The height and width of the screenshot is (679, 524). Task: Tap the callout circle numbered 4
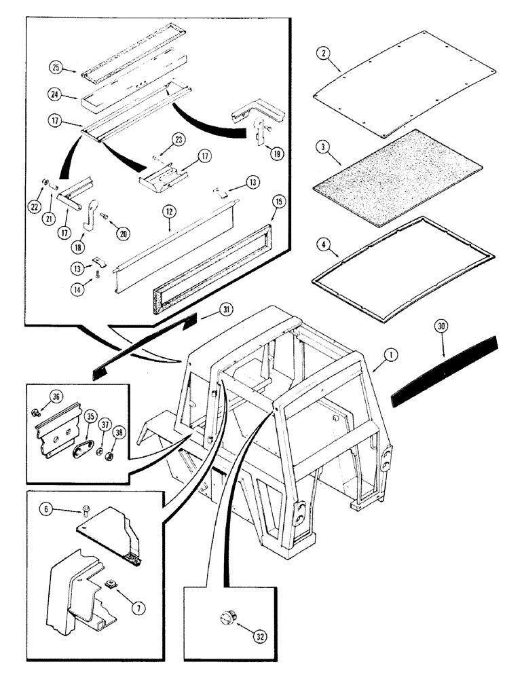pos(324,240)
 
